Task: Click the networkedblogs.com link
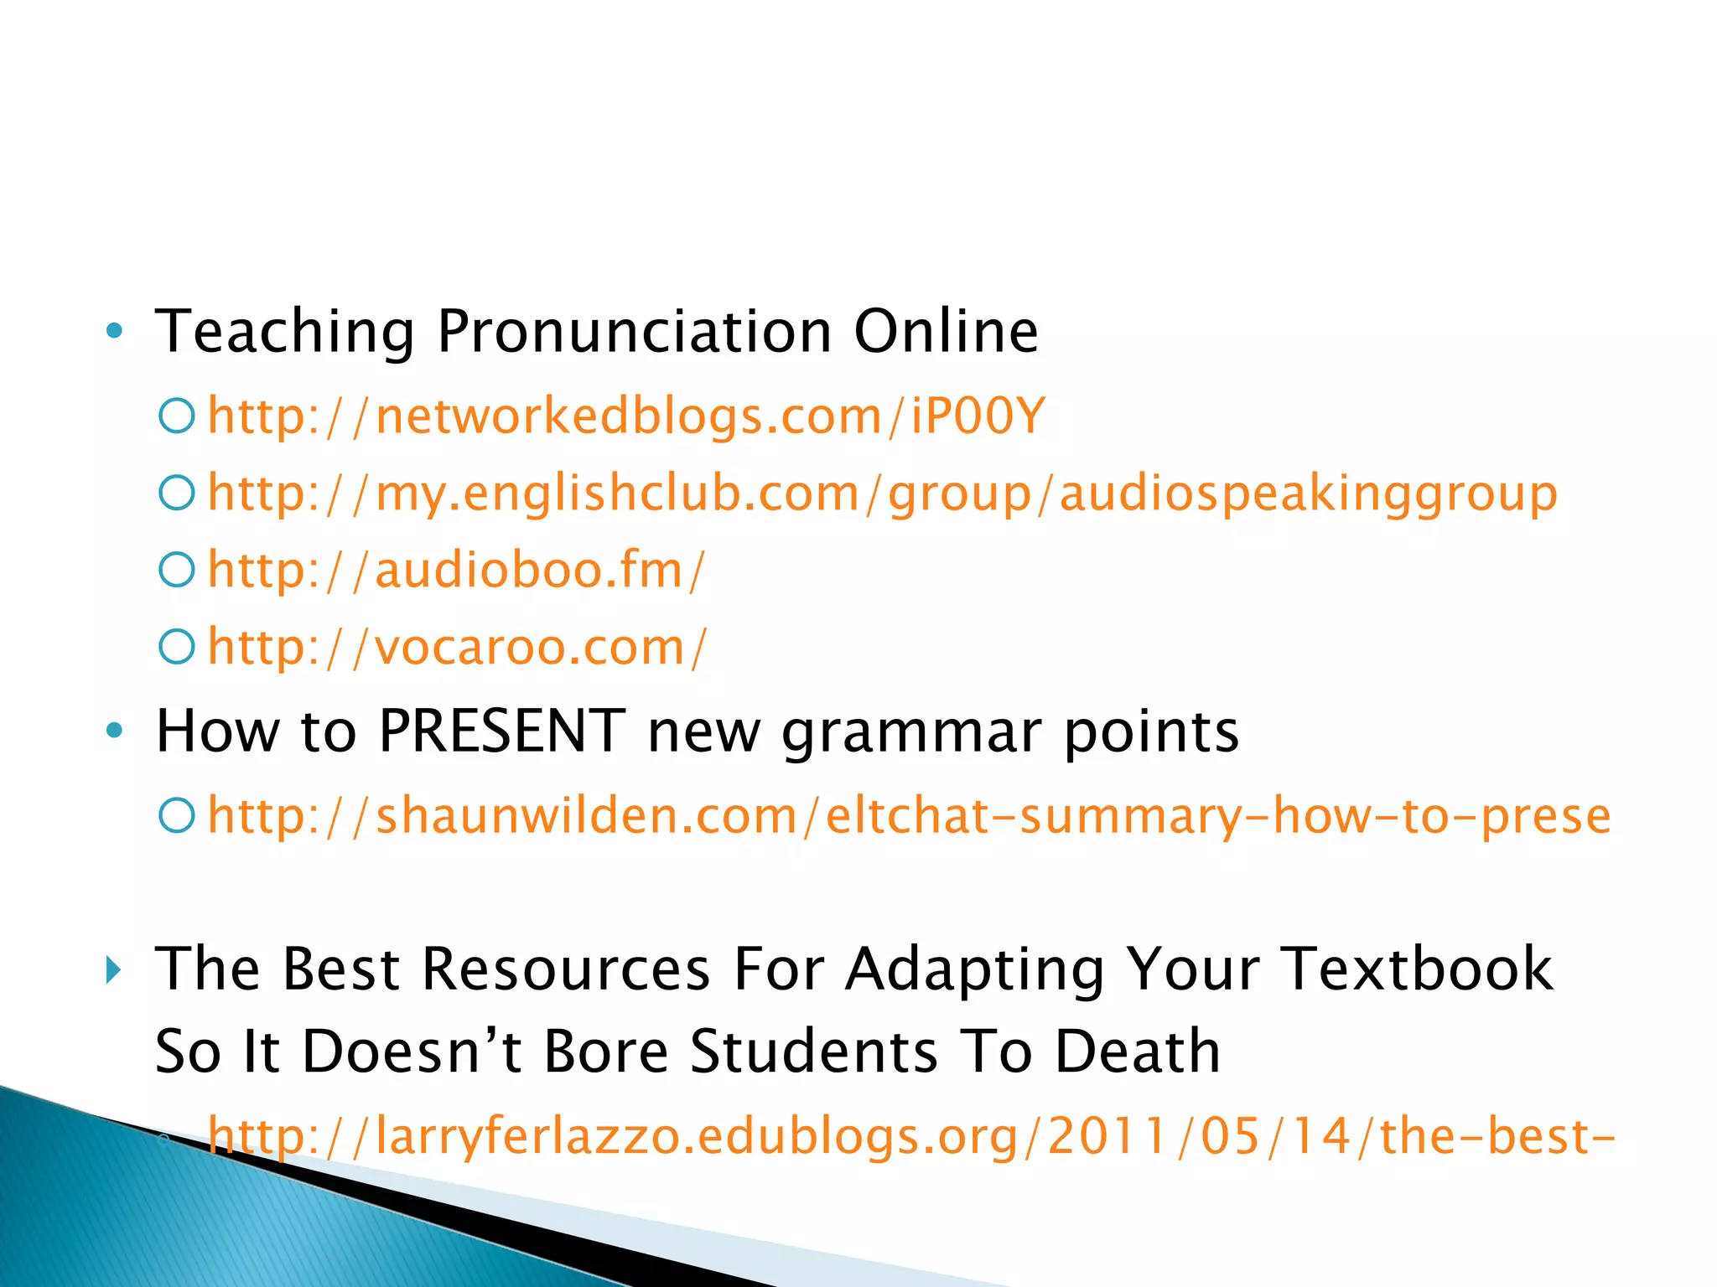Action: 626,416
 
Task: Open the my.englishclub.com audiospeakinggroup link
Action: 882,493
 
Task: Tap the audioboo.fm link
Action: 457,570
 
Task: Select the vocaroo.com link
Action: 458,647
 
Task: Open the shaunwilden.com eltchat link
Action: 909,815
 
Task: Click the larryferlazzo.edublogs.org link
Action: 910,1136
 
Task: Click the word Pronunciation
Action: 635,332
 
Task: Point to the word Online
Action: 946,332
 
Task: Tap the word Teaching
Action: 285,332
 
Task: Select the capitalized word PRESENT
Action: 501,731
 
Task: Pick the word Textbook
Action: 1419,969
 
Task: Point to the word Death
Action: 1137,1052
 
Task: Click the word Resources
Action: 566,969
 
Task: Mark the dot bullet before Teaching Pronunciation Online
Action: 115,332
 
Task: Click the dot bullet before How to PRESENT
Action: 115,731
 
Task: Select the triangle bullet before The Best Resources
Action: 114,970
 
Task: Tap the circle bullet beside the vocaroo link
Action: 177,646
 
